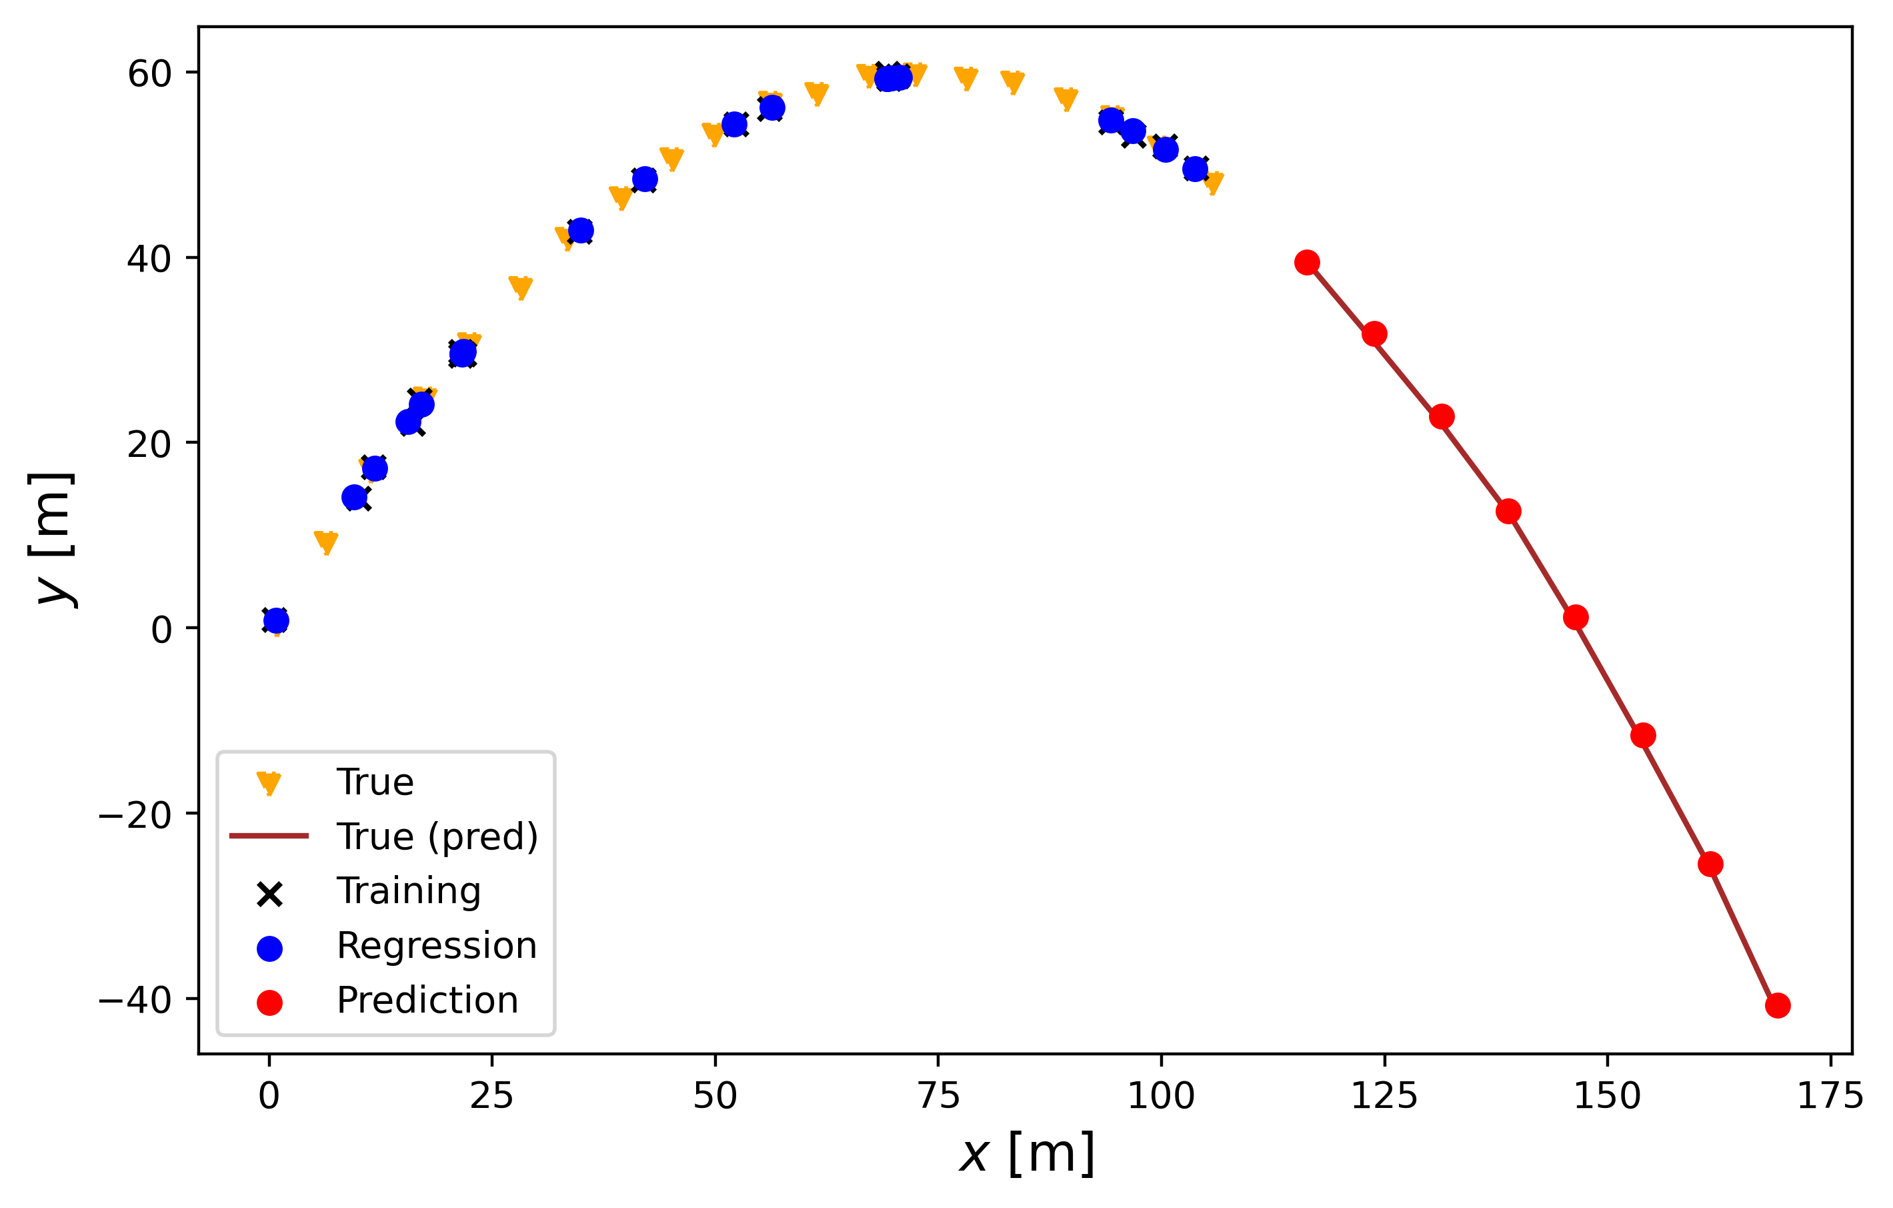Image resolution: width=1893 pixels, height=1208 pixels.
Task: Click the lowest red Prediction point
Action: tap(1778, 1005)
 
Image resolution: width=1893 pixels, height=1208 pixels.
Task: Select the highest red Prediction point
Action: tap(1306, 263)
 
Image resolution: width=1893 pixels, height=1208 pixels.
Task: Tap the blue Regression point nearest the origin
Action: tap(276, 621)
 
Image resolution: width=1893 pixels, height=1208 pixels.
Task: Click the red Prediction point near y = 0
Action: tap(1576, 618)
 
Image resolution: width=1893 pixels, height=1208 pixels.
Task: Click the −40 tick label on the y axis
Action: tap(135, 1000)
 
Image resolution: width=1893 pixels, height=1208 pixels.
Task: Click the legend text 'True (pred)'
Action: tap(437, 836)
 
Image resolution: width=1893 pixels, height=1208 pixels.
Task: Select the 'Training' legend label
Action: tap(409, 891)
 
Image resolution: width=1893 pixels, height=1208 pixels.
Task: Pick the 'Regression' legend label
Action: tap(436, 945)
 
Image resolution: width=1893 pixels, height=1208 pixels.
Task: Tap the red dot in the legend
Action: tap(269, 1002)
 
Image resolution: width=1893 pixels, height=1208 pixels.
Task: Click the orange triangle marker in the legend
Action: tap(269, 783)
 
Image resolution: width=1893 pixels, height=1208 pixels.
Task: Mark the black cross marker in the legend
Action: tap(269, 894)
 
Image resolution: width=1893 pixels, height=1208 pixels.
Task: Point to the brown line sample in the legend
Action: tap(269, 836)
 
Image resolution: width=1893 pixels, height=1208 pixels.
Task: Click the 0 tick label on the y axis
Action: tap(162, 629)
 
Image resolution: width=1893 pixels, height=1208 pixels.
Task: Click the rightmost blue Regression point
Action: tap(1195, 169)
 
